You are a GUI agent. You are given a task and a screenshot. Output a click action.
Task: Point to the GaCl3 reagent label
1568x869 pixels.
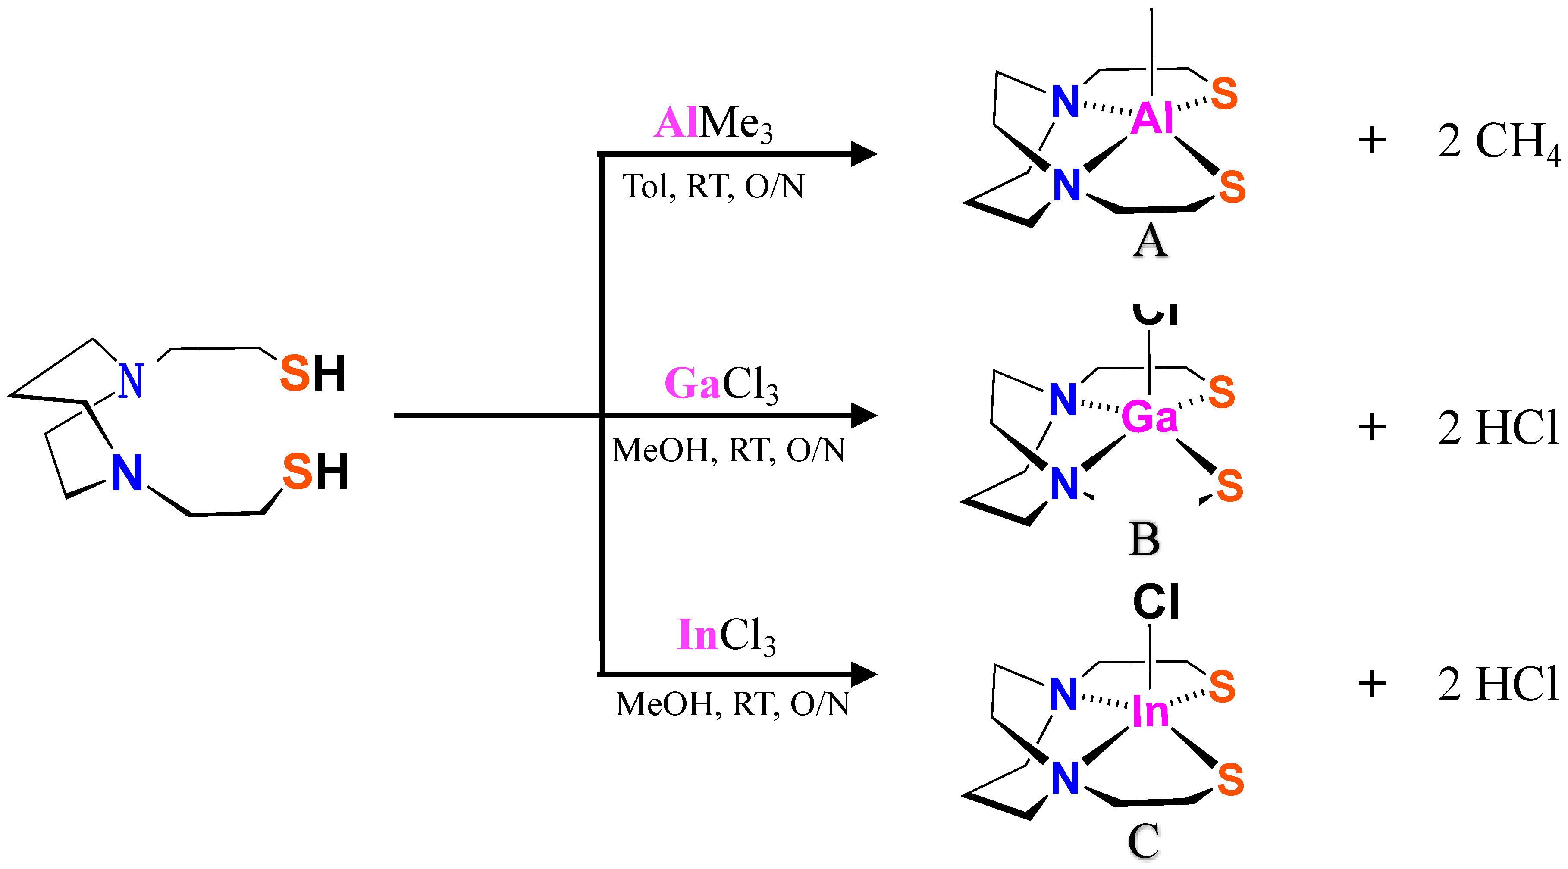(x=721, y=384)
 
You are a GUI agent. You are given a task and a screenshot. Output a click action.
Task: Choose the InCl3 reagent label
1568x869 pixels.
(x=726, y=636)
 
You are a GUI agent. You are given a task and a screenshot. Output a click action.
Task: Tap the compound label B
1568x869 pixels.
(x=1145, y=539)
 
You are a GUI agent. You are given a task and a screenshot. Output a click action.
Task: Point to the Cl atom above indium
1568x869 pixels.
(x=1156, y=602)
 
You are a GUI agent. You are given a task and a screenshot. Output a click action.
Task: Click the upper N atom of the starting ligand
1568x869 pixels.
(x=131, y=381)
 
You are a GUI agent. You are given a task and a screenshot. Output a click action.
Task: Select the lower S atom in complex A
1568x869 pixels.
(x=1232, y=187)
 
